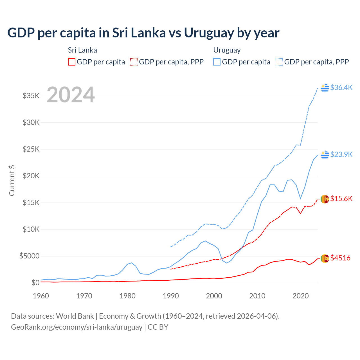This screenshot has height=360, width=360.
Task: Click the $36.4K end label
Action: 341,87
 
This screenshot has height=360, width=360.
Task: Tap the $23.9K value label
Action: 341,154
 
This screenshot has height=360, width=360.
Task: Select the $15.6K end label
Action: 341,199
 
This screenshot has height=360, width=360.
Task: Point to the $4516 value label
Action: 340,258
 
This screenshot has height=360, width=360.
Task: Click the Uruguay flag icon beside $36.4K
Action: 325,88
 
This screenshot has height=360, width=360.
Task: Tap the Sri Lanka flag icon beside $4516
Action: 325,258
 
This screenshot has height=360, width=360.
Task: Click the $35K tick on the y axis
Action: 31,96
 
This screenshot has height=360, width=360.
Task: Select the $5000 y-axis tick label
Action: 29,256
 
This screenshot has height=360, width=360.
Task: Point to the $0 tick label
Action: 35,283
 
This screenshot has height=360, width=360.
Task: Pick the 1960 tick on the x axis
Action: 41,296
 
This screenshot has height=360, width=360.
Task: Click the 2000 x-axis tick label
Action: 214,296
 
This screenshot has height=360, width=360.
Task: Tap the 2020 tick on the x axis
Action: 301,296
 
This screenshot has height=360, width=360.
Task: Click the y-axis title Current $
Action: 12,181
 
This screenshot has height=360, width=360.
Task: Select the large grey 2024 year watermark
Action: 71,95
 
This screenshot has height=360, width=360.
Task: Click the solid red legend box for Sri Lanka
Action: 72,62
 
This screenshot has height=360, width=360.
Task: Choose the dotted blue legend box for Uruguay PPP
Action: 279,62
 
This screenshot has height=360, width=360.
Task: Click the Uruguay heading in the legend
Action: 227,50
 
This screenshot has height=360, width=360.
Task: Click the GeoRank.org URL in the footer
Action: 76,327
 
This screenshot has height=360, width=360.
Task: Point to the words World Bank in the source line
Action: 75,316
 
